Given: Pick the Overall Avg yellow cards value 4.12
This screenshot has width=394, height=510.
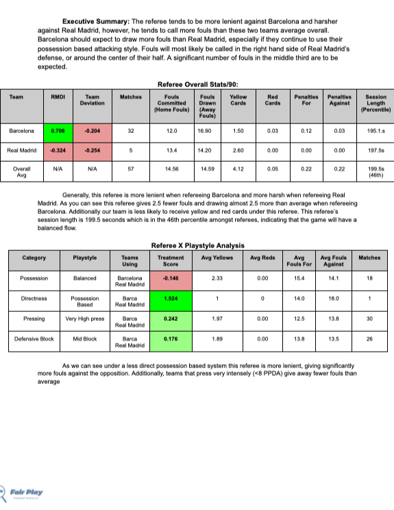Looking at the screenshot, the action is tap(238, 167).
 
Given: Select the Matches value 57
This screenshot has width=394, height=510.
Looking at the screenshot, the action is tap(130, 167).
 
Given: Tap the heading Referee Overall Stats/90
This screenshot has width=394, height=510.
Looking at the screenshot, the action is tap(197, 84).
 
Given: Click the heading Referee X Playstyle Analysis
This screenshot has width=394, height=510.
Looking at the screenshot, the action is tap(197, 245).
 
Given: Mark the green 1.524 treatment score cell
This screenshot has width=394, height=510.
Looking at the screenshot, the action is tap(171, 299).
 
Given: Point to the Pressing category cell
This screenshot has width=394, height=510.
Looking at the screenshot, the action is tap(34, 319).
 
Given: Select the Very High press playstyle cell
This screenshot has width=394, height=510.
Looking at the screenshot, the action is tap(84, 319).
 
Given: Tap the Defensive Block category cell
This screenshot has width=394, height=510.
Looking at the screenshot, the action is tap(34, 339).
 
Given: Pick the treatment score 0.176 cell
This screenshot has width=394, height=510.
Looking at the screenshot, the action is tap(171, 339).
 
